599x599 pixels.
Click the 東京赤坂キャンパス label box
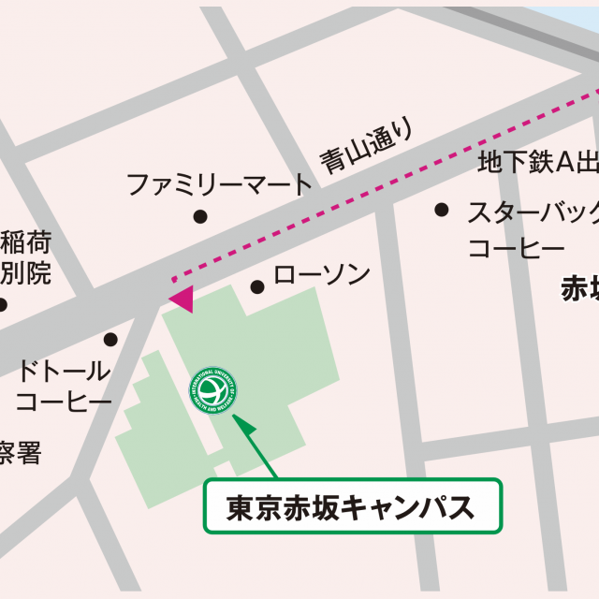coord(353,506)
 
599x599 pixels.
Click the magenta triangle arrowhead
coord(182,299)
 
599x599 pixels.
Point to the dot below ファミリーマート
coord(199,217)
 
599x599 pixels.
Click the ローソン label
coord(321,275)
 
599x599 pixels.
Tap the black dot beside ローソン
coord(257,286)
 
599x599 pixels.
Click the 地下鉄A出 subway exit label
coord(537,163)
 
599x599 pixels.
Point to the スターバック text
coord(533,214)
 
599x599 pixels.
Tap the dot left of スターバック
coord(441,210)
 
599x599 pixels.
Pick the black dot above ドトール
coord(110,339)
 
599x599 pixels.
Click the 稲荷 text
coord(25,241)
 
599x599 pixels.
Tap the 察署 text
coord(21,455)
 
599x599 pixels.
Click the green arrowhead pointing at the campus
coord(244,425)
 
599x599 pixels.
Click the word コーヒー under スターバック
coord(515,249)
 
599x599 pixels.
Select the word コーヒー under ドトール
coord(64,402)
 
